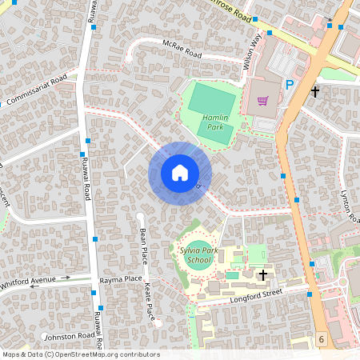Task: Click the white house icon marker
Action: (180, 173)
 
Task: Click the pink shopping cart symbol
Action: (262, 101)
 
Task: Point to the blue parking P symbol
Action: (290, 85)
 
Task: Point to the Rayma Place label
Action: (120, 281)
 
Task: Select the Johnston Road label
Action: (70, 336)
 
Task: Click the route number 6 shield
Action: (321, 340)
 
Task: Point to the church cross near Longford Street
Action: (263, 275)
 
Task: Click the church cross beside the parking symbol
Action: (314, 92)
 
